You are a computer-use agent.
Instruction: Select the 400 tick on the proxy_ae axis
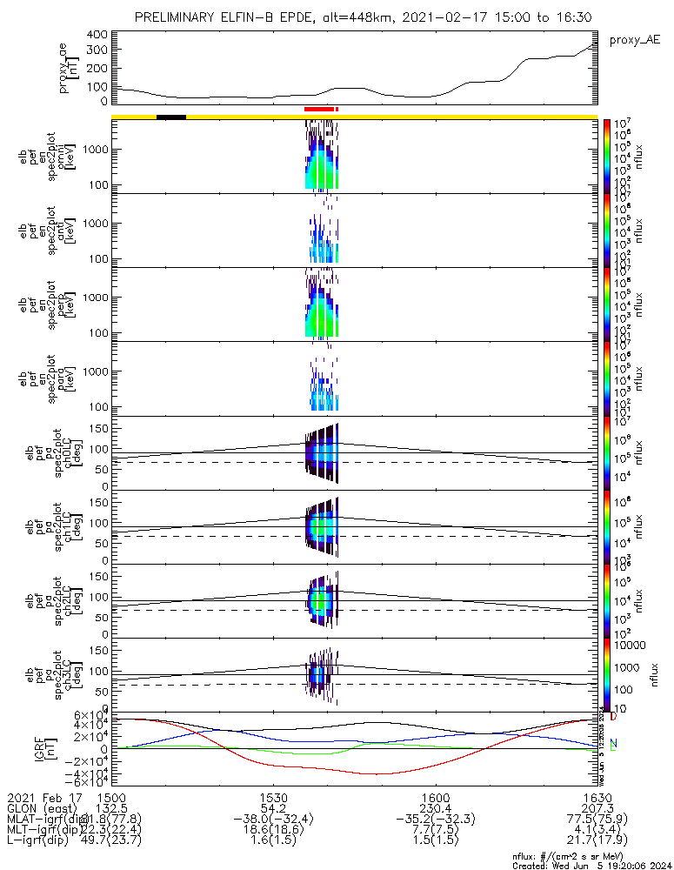click(x=97, y=35)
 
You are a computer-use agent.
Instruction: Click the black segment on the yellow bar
click(x=171, y=117)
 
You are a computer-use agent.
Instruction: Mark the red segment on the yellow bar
click(x=320, y=109)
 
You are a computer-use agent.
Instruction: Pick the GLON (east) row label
click(x=41, y=809)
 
